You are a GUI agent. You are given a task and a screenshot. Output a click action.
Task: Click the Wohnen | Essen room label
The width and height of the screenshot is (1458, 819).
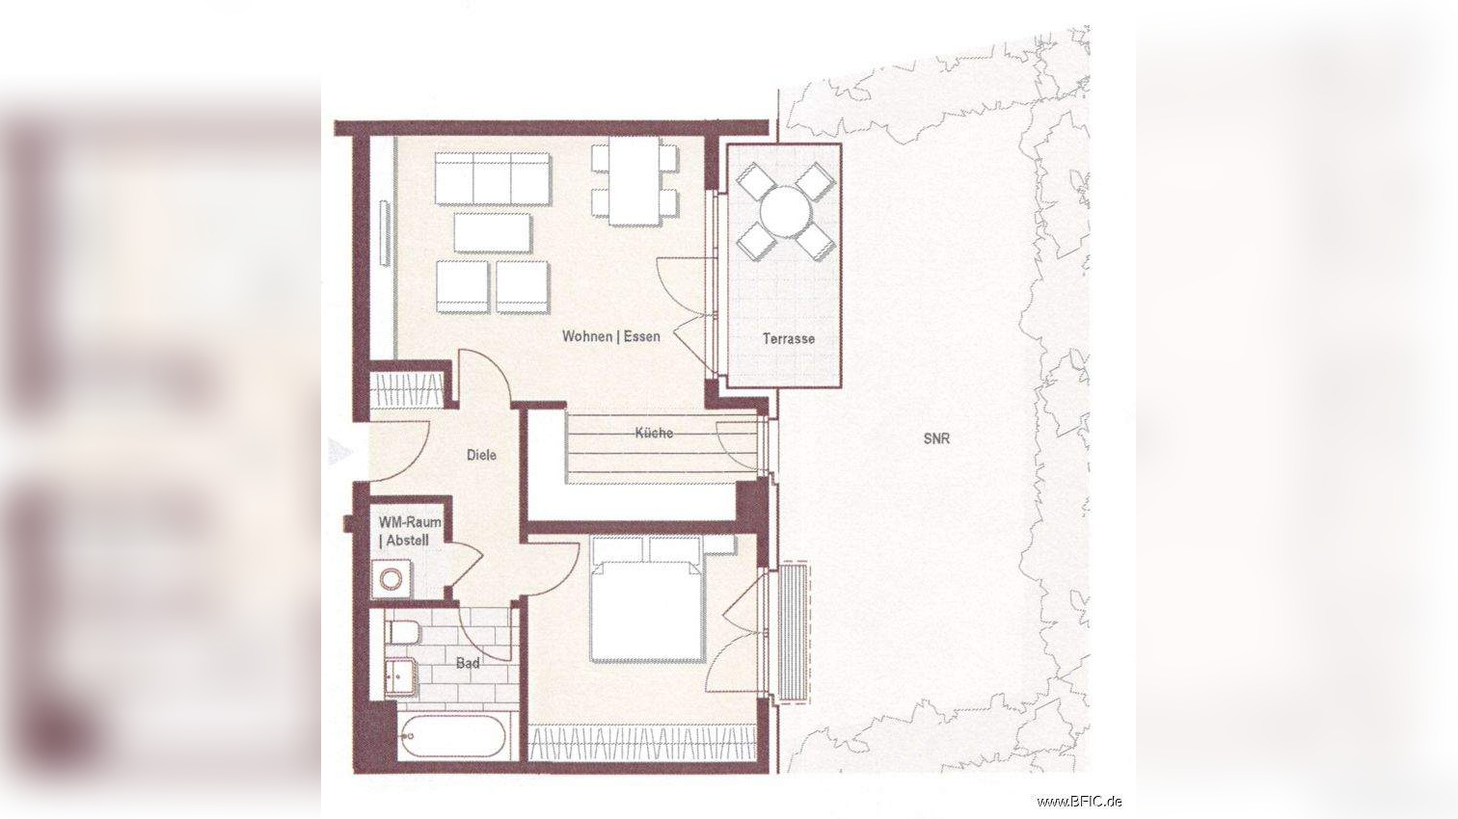610,336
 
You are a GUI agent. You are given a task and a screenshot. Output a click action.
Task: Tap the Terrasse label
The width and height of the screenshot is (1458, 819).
788,338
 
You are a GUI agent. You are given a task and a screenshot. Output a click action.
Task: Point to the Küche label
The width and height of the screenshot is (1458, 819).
654,433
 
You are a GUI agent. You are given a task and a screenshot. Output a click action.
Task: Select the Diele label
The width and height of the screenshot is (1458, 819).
481,455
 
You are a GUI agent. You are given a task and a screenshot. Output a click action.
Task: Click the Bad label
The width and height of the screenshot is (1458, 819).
468,663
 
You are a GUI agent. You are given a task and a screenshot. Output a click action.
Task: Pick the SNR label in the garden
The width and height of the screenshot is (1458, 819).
936,438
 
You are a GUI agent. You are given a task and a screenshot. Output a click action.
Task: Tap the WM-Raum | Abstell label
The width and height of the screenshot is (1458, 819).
410,531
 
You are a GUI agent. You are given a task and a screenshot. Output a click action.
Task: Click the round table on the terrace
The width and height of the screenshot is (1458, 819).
786,212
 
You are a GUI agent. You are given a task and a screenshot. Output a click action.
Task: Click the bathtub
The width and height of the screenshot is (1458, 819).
451,736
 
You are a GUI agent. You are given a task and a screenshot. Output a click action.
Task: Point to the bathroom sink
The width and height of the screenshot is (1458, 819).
400,677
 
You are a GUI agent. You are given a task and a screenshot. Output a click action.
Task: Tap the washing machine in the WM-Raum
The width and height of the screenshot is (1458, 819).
391,578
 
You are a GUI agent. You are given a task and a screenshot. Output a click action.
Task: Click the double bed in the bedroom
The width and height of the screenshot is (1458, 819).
646,599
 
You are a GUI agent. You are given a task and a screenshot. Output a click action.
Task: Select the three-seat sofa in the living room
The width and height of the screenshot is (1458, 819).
492,179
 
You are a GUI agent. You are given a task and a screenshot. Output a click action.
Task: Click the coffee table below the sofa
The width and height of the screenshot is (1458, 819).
493,233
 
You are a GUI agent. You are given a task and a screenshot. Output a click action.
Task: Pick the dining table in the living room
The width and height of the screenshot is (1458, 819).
634,182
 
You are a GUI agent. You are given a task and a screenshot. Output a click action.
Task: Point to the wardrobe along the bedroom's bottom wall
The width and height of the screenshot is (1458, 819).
642,744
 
